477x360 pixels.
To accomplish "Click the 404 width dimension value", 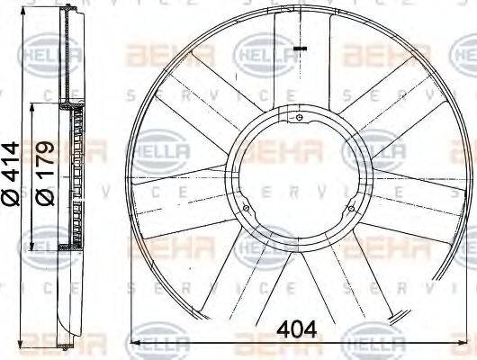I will pyautogui.click(x=297, y=329).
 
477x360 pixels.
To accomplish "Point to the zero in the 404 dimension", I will pyautogui.click(x=297, y=329).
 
